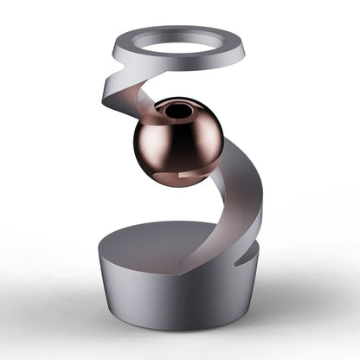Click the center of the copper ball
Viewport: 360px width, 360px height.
pos(177,140)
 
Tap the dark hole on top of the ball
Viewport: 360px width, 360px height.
pos(177,112)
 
